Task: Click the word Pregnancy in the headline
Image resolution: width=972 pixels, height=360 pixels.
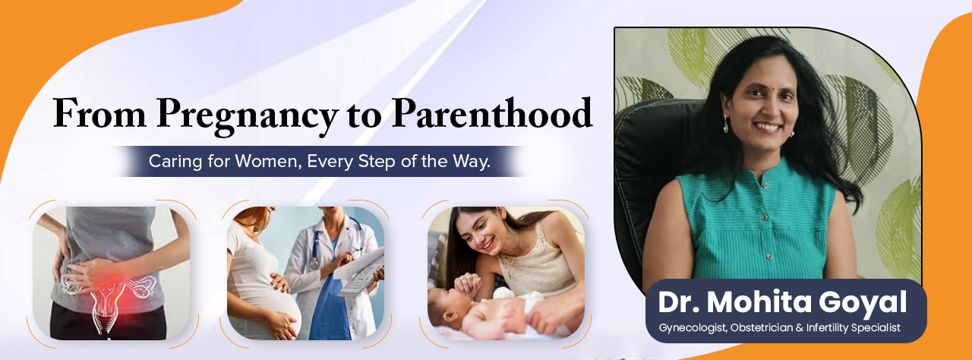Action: pyautogui.click(x=246, y=115)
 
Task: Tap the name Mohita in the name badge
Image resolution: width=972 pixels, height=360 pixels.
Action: pyautogui.click(x=761, y=302)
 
